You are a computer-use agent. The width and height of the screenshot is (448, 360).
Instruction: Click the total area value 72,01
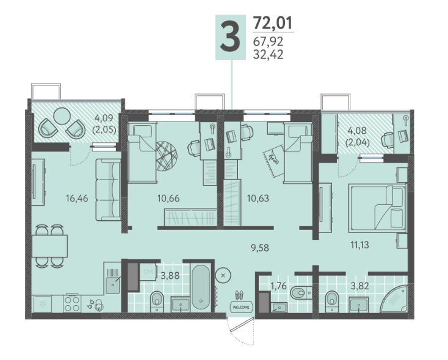click(x=273, y=23)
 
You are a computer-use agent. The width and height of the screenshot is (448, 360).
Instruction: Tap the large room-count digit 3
click(x=230, y=37)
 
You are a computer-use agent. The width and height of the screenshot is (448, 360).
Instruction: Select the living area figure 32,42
click(x=269, y=54)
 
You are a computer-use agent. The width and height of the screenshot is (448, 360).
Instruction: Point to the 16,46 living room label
click(x=77, y=198)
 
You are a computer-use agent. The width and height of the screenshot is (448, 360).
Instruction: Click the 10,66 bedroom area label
click(x=168, y=198)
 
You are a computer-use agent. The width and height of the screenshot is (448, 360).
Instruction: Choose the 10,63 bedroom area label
click(x=258, y=198)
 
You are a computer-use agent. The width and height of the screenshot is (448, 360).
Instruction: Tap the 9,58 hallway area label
click(x=260, y=248)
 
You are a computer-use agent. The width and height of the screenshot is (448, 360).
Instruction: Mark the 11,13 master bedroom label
click(x=359, y=245)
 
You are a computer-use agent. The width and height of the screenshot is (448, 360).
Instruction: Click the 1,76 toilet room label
click(x=278, y=286)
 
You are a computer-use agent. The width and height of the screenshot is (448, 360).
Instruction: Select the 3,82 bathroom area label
click(x=359, y=286)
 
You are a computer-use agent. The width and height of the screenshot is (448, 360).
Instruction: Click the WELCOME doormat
click(x=241, y=307)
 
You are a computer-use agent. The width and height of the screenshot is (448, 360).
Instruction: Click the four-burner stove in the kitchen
click(x=72, y=304)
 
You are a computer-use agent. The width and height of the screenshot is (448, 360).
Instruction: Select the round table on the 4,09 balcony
click(x=62, y=116)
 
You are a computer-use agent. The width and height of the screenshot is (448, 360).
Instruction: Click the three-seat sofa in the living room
click(x=108, y=190)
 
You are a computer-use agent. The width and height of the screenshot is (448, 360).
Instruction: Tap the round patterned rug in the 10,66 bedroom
click(x=167, y=156)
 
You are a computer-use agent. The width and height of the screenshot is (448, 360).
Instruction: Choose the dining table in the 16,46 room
click(x=49, y=246)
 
